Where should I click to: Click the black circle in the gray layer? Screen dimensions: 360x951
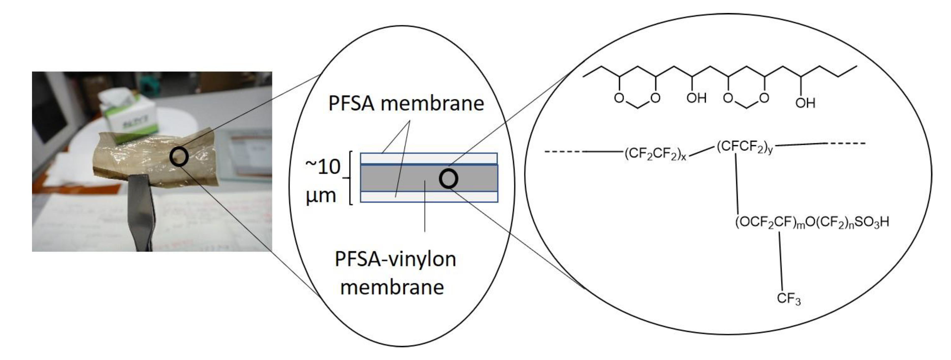(448, 179)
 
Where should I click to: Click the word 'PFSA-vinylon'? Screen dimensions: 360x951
(395, 259)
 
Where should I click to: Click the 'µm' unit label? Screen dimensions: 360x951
(321, 195)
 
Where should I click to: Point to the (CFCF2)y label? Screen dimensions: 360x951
(744, 147)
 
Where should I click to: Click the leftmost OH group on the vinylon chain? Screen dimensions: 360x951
(696, 98)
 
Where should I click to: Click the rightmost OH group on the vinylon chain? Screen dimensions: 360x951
(805, 103)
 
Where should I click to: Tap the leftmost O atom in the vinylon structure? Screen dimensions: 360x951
(619, 98)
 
